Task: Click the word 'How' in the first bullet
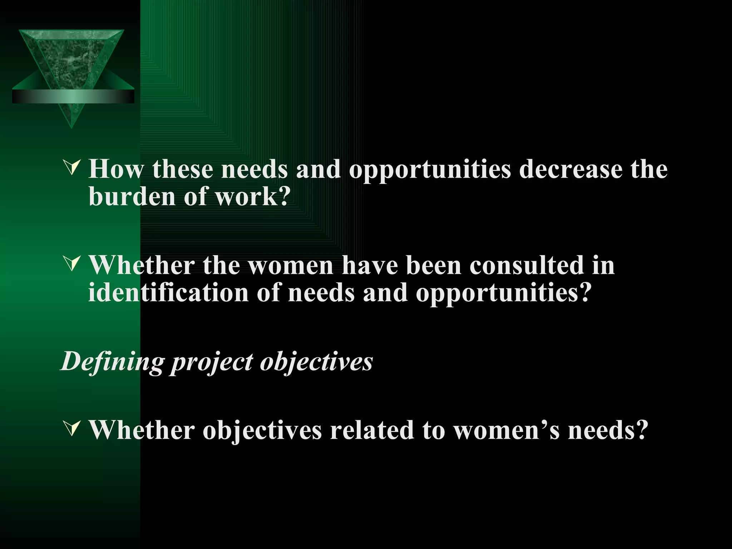(x=116, y=169)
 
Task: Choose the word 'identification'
(x=168, y=293)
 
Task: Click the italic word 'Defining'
(x=112, y=362)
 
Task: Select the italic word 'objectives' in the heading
(x=316, y=362)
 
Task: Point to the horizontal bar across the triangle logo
(x=73, y=97)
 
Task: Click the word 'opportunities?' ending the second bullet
(x=503, y=293)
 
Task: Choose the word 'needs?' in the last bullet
(x=608, y=430)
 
